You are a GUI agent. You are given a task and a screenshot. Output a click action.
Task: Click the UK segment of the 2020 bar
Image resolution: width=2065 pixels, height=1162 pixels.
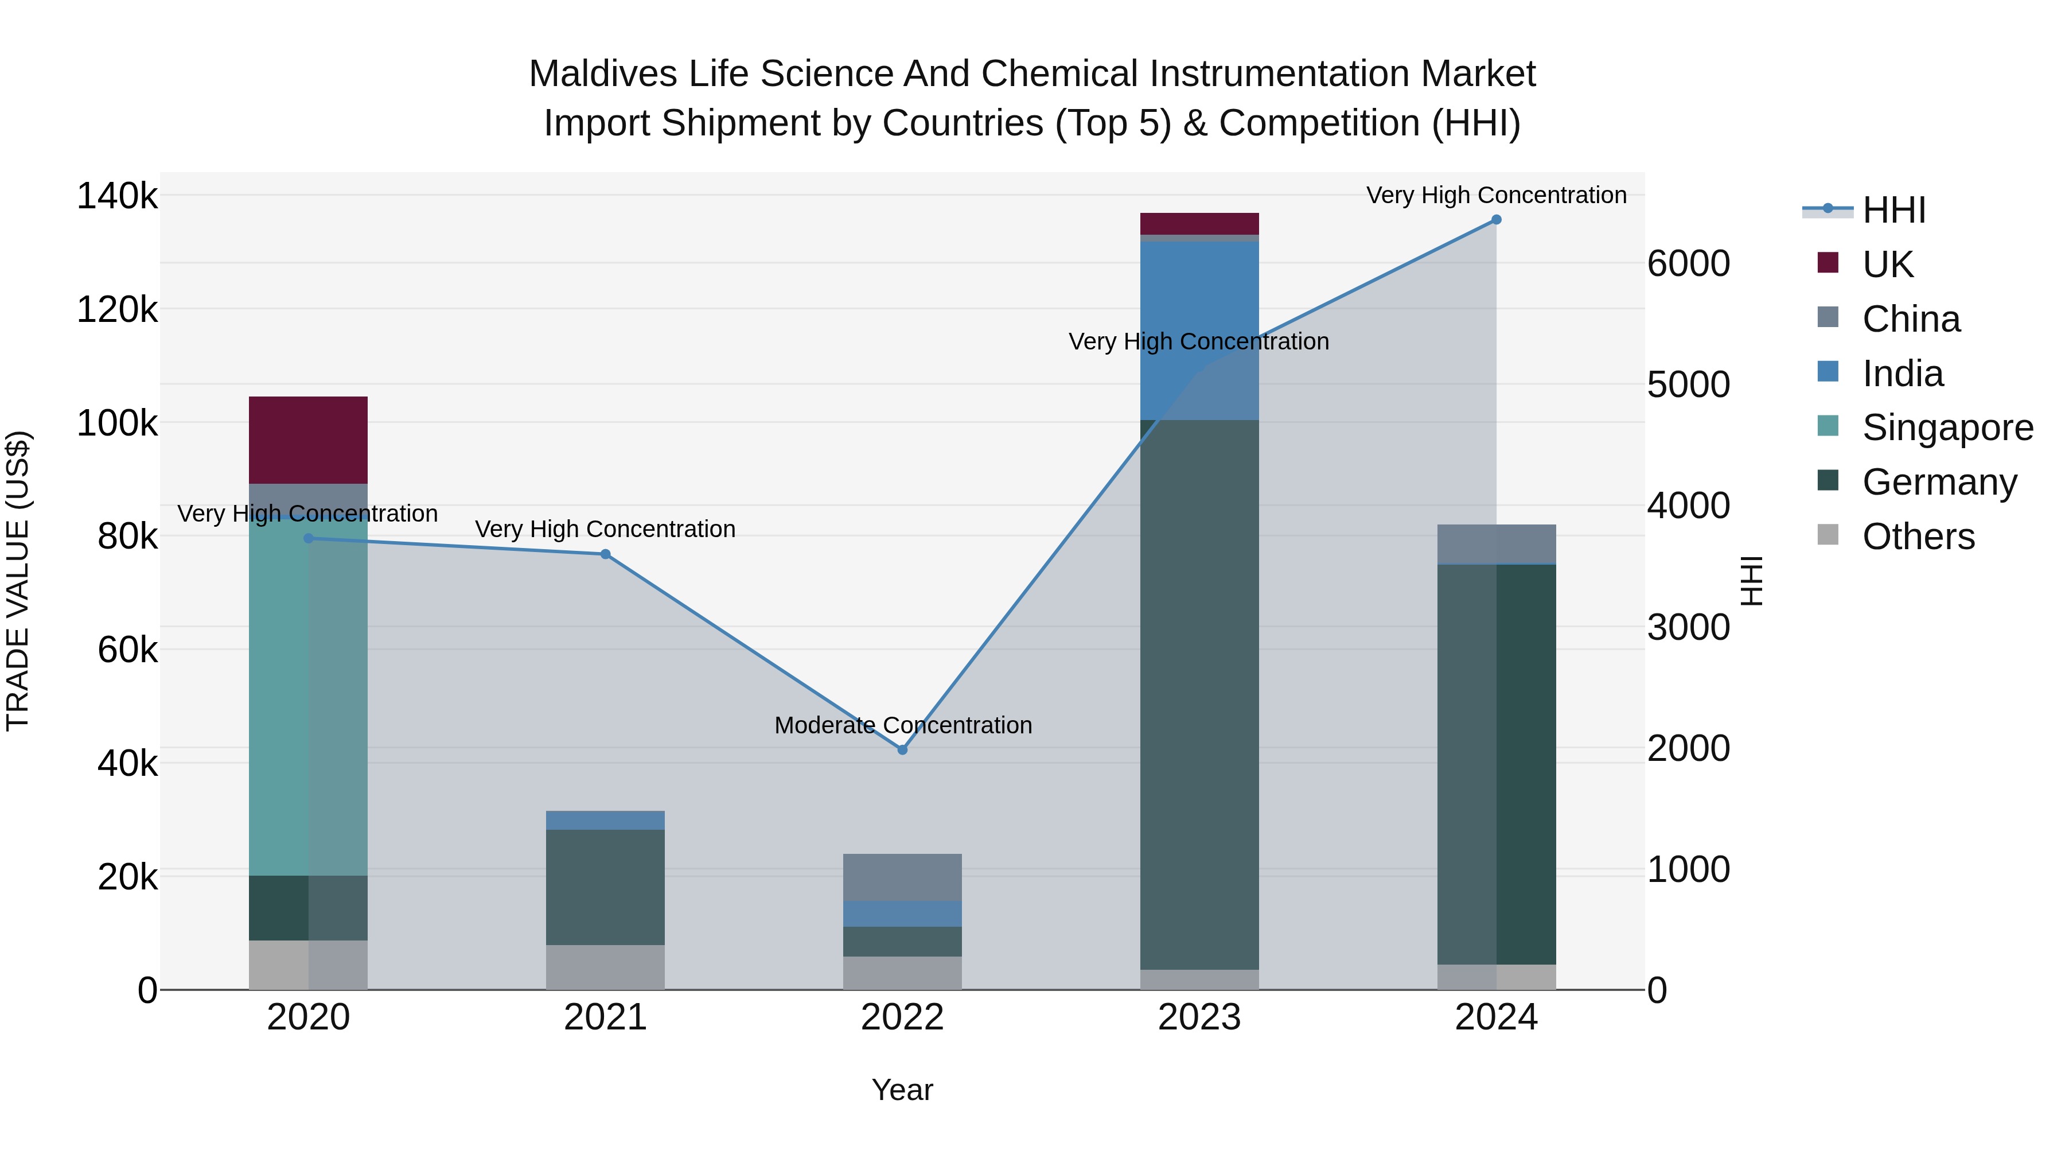pos(308,440)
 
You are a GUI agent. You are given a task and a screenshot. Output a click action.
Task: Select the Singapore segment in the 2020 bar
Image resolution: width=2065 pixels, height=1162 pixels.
pos(308,698)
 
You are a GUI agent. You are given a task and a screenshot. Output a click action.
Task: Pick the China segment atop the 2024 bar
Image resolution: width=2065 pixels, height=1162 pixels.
pos(1496,544)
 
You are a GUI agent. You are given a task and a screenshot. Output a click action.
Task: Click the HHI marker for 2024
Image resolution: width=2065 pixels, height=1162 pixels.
pos(1496,220)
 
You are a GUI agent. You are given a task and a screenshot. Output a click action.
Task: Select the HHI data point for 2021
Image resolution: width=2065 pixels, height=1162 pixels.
pos(605,554)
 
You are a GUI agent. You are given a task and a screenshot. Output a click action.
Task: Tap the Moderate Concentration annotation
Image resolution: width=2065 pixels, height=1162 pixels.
pos(903,725)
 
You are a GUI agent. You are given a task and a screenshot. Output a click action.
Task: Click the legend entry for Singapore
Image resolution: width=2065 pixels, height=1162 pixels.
pos(1947,428)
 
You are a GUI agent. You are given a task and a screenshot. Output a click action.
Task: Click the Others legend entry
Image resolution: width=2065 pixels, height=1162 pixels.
pos(1918,537)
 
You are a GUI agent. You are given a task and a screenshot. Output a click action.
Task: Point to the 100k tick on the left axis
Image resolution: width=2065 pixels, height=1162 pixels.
pos(117,422)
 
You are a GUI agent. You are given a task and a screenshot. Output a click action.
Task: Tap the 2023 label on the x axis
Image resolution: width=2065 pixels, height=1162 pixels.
pos(1199,1017)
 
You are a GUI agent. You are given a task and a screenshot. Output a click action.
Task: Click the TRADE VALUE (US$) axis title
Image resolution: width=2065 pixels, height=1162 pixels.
pos(18,581)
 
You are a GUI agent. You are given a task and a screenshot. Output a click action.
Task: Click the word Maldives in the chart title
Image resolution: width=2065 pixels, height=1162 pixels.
pos(591,74)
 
